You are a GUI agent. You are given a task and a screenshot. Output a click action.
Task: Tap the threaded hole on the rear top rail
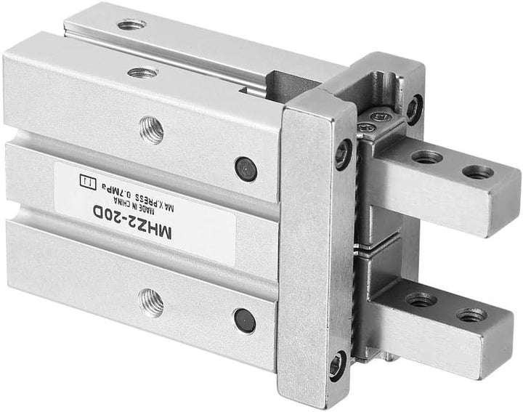point(131,25)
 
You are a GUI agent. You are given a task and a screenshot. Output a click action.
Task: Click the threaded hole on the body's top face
point(143,72)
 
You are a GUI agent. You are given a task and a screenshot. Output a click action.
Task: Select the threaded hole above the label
point(151,129)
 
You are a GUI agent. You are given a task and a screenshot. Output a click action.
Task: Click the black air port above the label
point(246,169)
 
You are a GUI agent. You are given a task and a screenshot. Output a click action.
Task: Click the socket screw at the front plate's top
point(343,154)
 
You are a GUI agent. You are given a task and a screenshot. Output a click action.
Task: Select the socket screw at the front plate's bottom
point(337,364)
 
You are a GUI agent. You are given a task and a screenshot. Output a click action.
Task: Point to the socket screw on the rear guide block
point(413,108)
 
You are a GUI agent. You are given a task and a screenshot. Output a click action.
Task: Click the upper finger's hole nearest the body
point(426,156)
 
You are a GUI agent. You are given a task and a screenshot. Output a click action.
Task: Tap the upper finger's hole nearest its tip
point(477,172)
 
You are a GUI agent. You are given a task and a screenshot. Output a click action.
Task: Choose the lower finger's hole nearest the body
point(421,299)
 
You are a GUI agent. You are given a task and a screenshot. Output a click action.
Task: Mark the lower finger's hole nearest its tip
point(471,315)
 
